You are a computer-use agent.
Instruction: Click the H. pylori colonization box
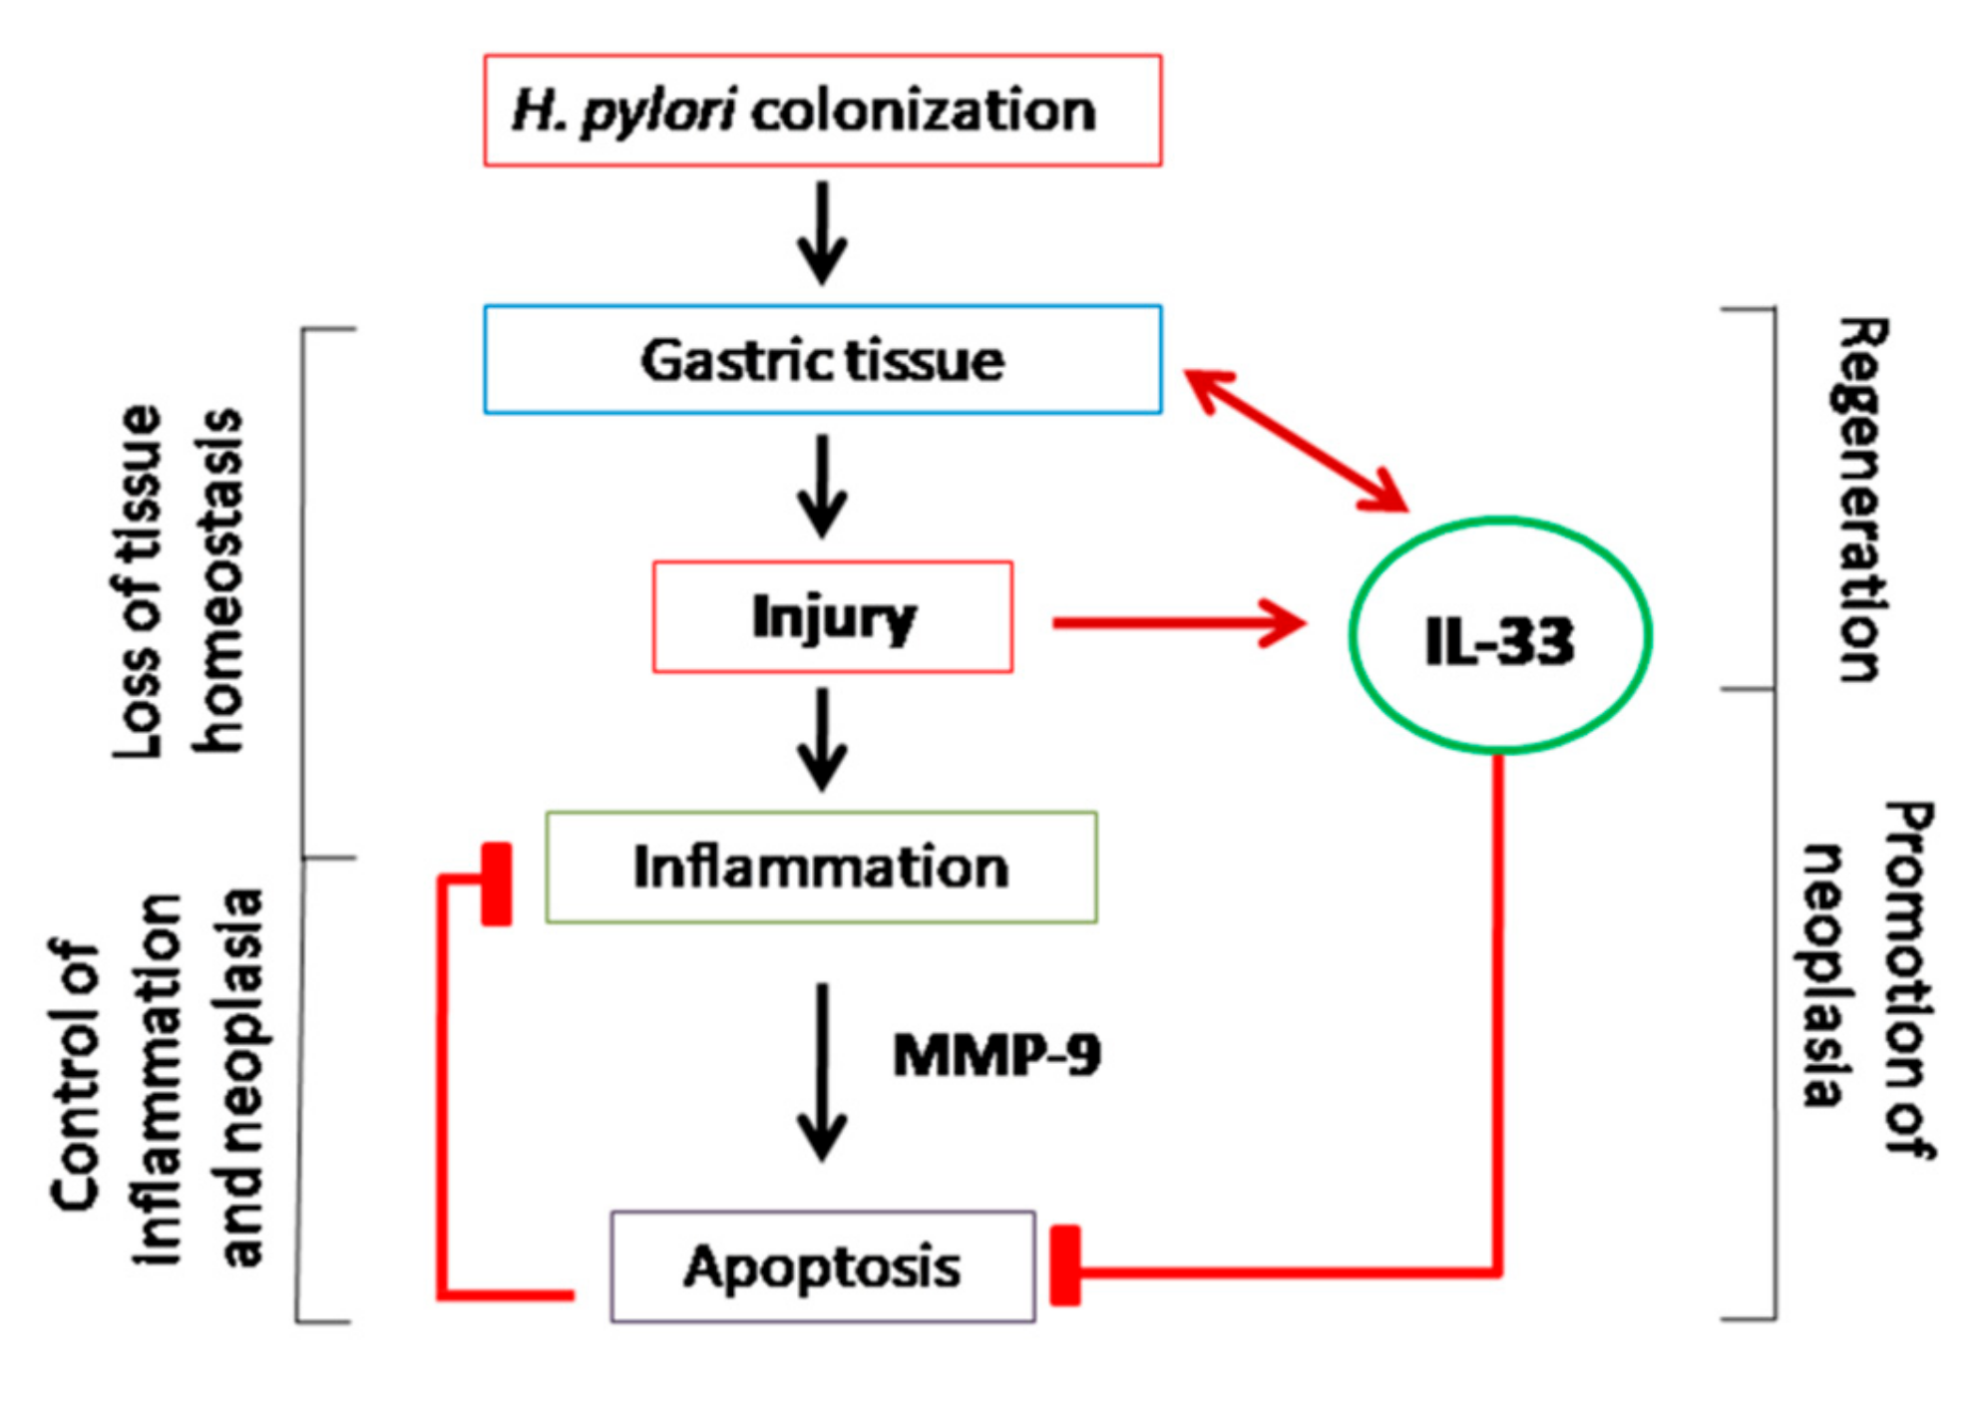[822, 110]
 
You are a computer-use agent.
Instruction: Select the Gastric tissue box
[822, 359]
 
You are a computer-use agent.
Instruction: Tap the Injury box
[832, 616]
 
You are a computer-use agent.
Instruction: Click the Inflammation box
[821, 867]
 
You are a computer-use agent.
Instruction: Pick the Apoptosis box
[822, 1266]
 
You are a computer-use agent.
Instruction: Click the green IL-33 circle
[1499, 636]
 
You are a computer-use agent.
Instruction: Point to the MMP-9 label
[996, 1055]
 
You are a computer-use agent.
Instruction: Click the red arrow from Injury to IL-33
[1177, 623]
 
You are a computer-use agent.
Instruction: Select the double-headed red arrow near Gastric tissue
[1296, 440]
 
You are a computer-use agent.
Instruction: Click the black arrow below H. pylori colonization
[822, 232]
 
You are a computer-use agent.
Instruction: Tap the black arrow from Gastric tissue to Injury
[822, 486]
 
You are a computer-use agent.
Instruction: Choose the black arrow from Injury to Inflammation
[822, 739]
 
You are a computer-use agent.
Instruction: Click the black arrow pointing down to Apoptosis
[822, 1072]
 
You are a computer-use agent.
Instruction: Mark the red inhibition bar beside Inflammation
[496, 885]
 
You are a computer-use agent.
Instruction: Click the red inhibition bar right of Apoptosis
[1065, 1265]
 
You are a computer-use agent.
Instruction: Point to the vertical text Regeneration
[1861, 499]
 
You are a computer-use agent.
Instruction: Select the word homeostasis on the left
[218, 578]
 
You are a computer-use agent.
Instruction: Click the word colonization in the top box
[924, 110]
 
